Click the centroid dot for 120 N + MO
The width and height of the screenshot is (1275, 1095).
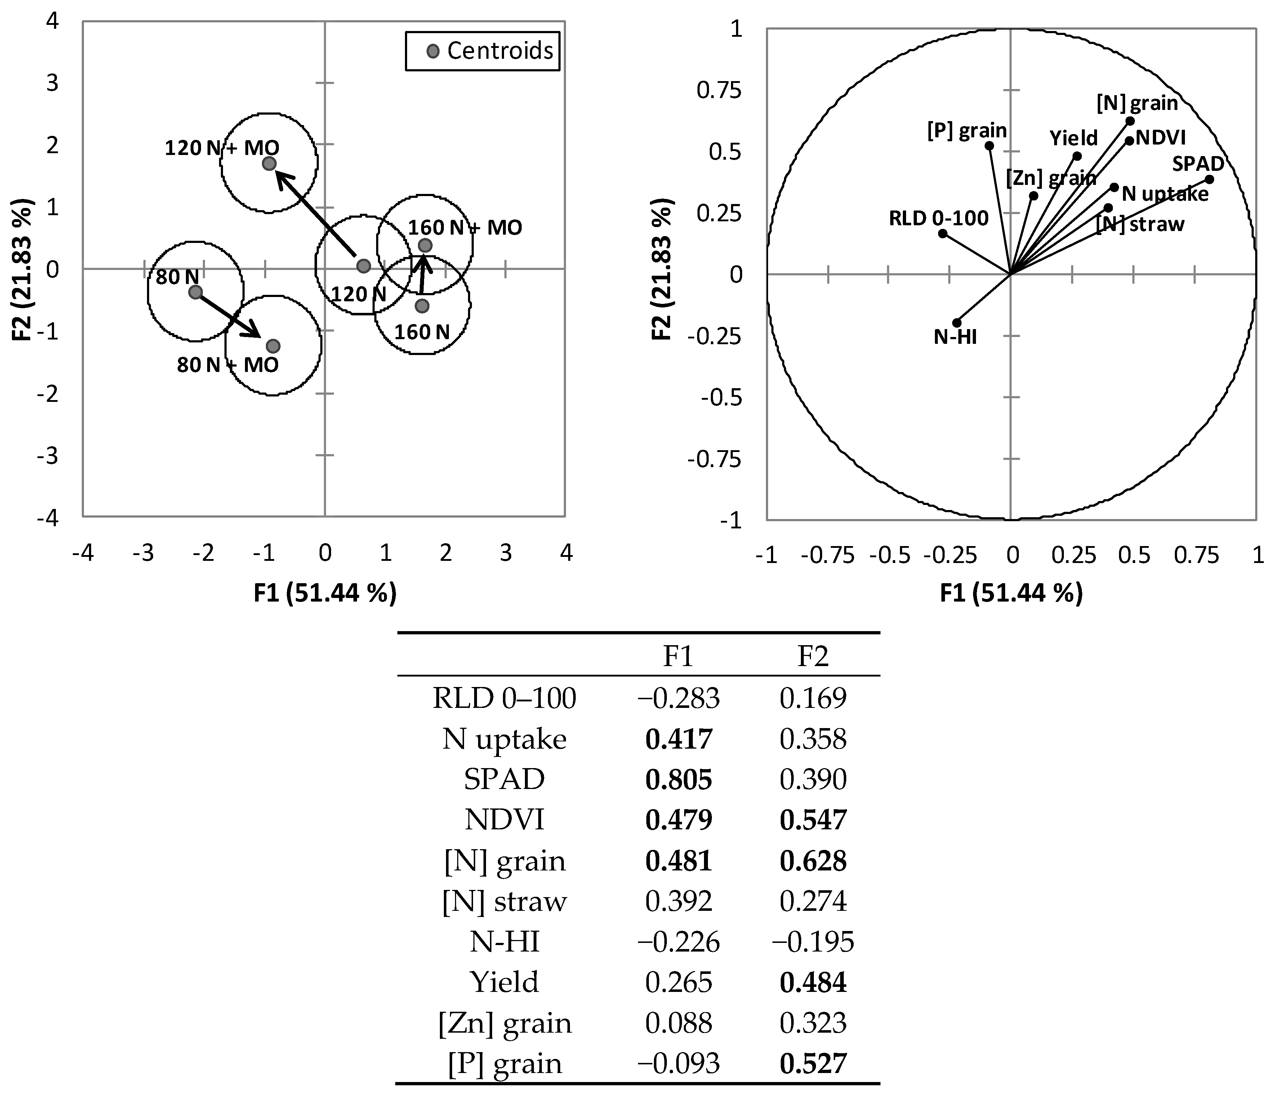pyautogui.click(x=269, y=164)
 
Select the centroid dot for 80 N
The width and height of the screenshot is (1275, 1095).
pyautogui.click(x=195, y=292)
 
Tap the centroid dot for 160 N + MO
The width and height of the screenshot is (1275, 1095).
pyautogui.click(x=425, y=245)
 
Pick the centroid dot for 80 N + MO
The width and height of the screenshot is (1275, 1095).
pyautogui.click(x=273, y=346)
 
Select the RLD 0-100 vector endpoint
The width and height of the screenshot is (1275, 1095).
pyautogui.click(x=942, y=233)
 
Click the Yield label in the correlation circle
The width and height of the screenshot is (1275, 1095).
pyautogui.click(x=1073, y=138)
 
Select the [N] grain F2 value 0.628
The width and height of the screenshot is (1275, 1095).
pyautogui.click(x=813, y=860)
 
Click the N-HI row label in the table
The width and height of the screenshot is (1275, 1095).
pyautogui.click(x=505, y=942)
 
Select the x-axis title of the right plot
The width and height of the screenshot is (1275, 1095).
pyautogui.click(x=1011, y=593)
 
